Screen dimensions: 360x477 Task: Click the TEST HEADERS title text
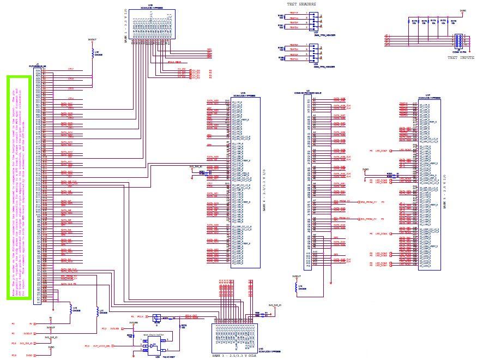click(x=301, y=5)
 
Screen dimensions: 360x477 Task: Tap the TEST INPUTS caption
click(x=460, y=57)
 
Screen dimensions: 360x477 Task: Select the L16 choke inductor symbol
click(x=92, y=49)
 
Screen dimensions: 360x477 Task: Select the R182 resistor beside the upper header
click(x=281, y=16)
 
